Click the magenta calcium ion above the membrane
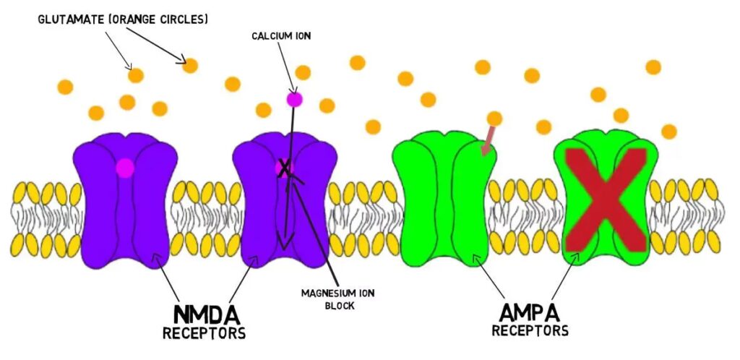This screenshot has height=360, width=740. point(294,99)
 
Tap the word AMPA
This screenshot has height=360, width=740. point(529,312)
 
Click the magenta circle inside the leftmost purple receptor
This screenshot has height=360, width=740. point(125,168)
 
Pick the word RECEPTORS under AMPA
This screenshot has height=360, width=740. point(530,330)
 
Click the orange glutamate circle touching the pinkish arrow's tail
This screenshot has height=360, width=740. point(494,118)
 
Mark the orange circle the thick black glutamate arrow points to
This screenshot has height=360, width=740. point(190,66)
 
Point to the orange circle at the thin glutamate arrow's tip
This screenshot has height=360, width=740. point(135,74)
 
